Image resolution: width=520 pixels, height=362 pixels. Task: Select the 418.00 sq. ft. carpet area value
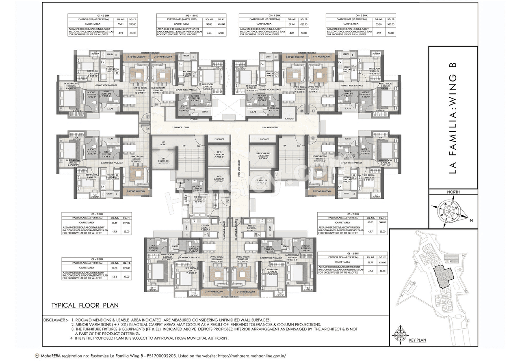pyautogui.click(x=221, y=24)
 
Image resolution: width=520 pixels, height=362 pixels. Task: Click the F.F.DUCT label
pyautogui.click(x=289, y=119)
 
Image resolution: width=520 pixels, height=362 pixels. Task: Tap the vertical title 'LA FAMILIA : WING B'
pyautogui.click(x=453, y=118)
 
